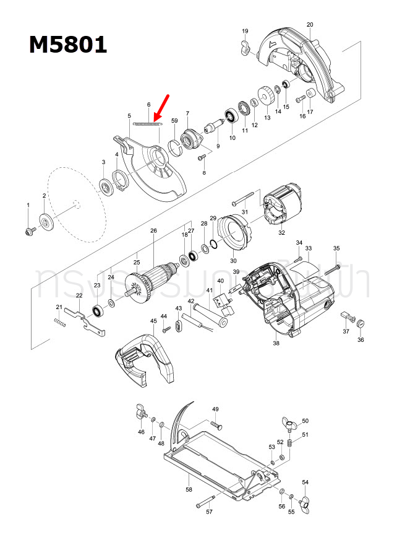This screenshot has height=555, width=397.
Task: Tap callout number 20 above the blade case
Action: [310, 25]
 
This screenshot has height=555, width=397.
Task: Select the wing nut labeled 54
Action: [305, 501]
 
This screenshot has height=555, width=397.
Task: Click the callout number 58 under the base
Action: [189, 489]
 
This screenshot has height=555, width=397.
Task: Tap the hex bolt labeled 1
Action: [28, 230]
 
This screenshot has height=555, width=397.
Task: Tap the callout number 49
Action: [216, 409]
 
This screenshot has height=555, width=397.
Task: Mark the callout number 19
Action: [245, 31]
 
